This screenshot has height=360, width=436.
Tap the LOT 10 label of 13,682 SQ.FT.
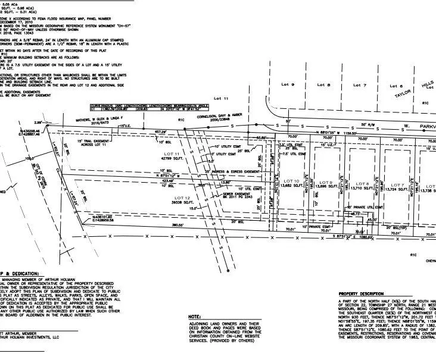tap(291, 183)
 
